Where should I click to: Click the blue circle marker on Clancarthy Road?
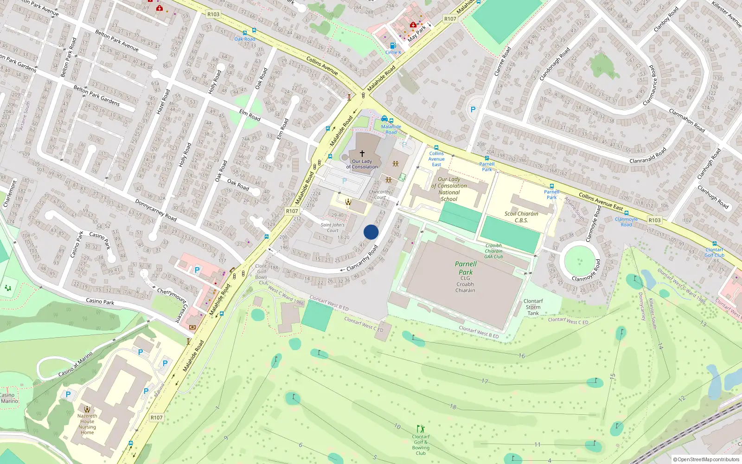(371, 232)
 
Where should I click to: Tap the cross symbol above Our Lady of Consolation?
(362, 153)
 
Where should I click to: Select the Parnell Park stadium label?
(466, 268)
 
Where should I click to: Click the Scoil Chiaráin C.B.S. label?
(521, 217)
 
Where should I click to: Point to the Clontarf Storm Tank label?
(533, 307)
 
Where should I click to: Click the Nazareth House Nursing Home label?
(87, 424)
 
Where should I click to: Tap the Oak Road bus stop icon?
(245, 33)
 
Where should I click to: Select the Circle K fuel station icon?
(393, 45)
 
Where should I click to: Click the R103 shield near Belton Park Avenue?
(213, 14)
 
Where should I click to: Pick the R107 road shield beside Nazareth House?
(156, 418)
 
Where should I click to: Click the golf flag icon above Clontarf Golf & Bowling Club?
(421, 429)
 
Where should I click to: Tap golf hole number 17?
(485, 381)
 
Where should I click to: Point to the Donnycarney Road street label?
(156, 210)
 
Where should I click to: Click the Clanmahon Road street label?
(687, 120)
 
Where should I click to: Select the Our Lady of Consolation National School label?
(449, 189)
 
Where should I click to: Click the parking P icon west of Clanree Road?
(473, 110)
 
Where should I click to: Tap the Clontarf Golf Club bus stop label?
(714, 252)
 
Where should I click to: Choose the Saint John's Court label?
(333, 227)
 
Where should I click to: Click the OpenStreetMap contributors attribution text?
(706, 459)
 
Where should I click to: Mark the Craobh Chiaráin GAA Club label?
(493, 251)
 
